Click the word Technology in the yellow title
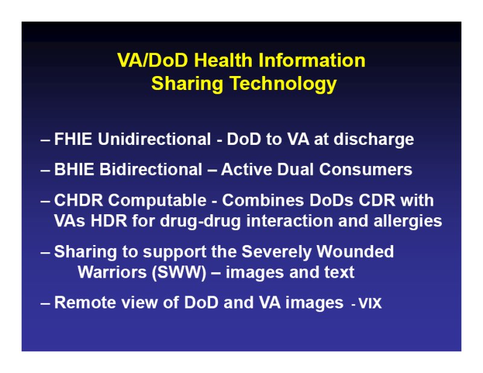[x=283, y=84]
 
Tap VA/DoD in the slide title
[x=153, y=60]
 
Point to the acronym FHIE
[x=73, y=139]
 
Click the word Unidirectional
[x=155, y=139]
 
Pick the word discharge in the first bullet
[x=374, y=140]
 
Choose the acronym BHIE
[x=74, y=170]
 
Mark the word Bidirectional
[x=150, y=170]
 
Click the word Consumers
[x=366, y=170]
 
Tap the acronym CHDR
[x=78, y=200]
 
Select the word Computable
[x=157, y=201]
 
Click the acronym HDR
[x=109, y=221]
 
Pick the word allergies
[x=408, y=222]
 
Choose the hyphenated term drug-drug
[x=200, y=222]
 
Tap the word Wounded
[x=355, y=252]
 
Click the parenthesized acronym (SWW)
[x=179, y=273]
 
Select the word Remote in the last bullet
[x=85, y=302]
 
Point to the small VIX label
[x=370, y=304]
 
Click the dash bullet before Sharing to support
[x=45, y=252]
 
